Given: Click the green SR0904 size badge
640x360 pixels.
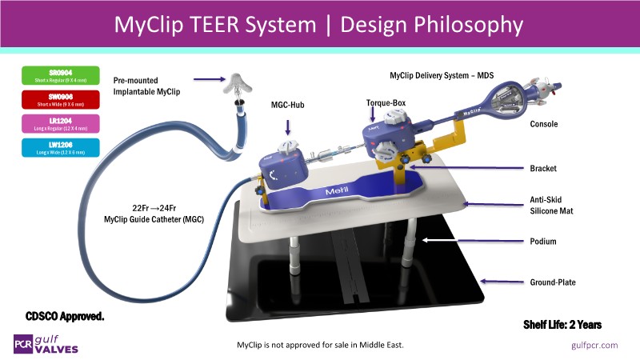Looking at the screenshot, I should point(61,77).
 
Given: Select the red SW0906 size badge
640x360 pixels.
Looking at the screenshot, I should point(61,100).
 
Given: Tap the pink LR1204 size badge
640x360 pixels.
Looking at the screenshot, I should point(61,124).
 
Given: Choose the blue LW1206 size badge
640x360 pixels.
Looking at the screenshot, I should point(61,147).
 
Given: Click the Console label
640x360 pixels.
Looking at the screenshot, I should point(545,125).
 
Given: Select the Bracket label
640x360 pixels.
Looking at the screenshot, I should point(545,169).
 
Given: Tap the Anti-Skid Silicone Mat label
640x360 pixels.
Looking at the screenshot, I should point(553,206).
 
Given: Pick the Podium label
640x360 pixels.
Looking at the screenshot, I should point(545,240).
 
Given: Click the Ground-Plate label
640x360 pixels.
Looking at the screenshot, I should point(552,282).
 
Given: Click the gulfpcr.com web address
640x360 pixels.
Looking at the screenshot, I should point(595,344).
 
